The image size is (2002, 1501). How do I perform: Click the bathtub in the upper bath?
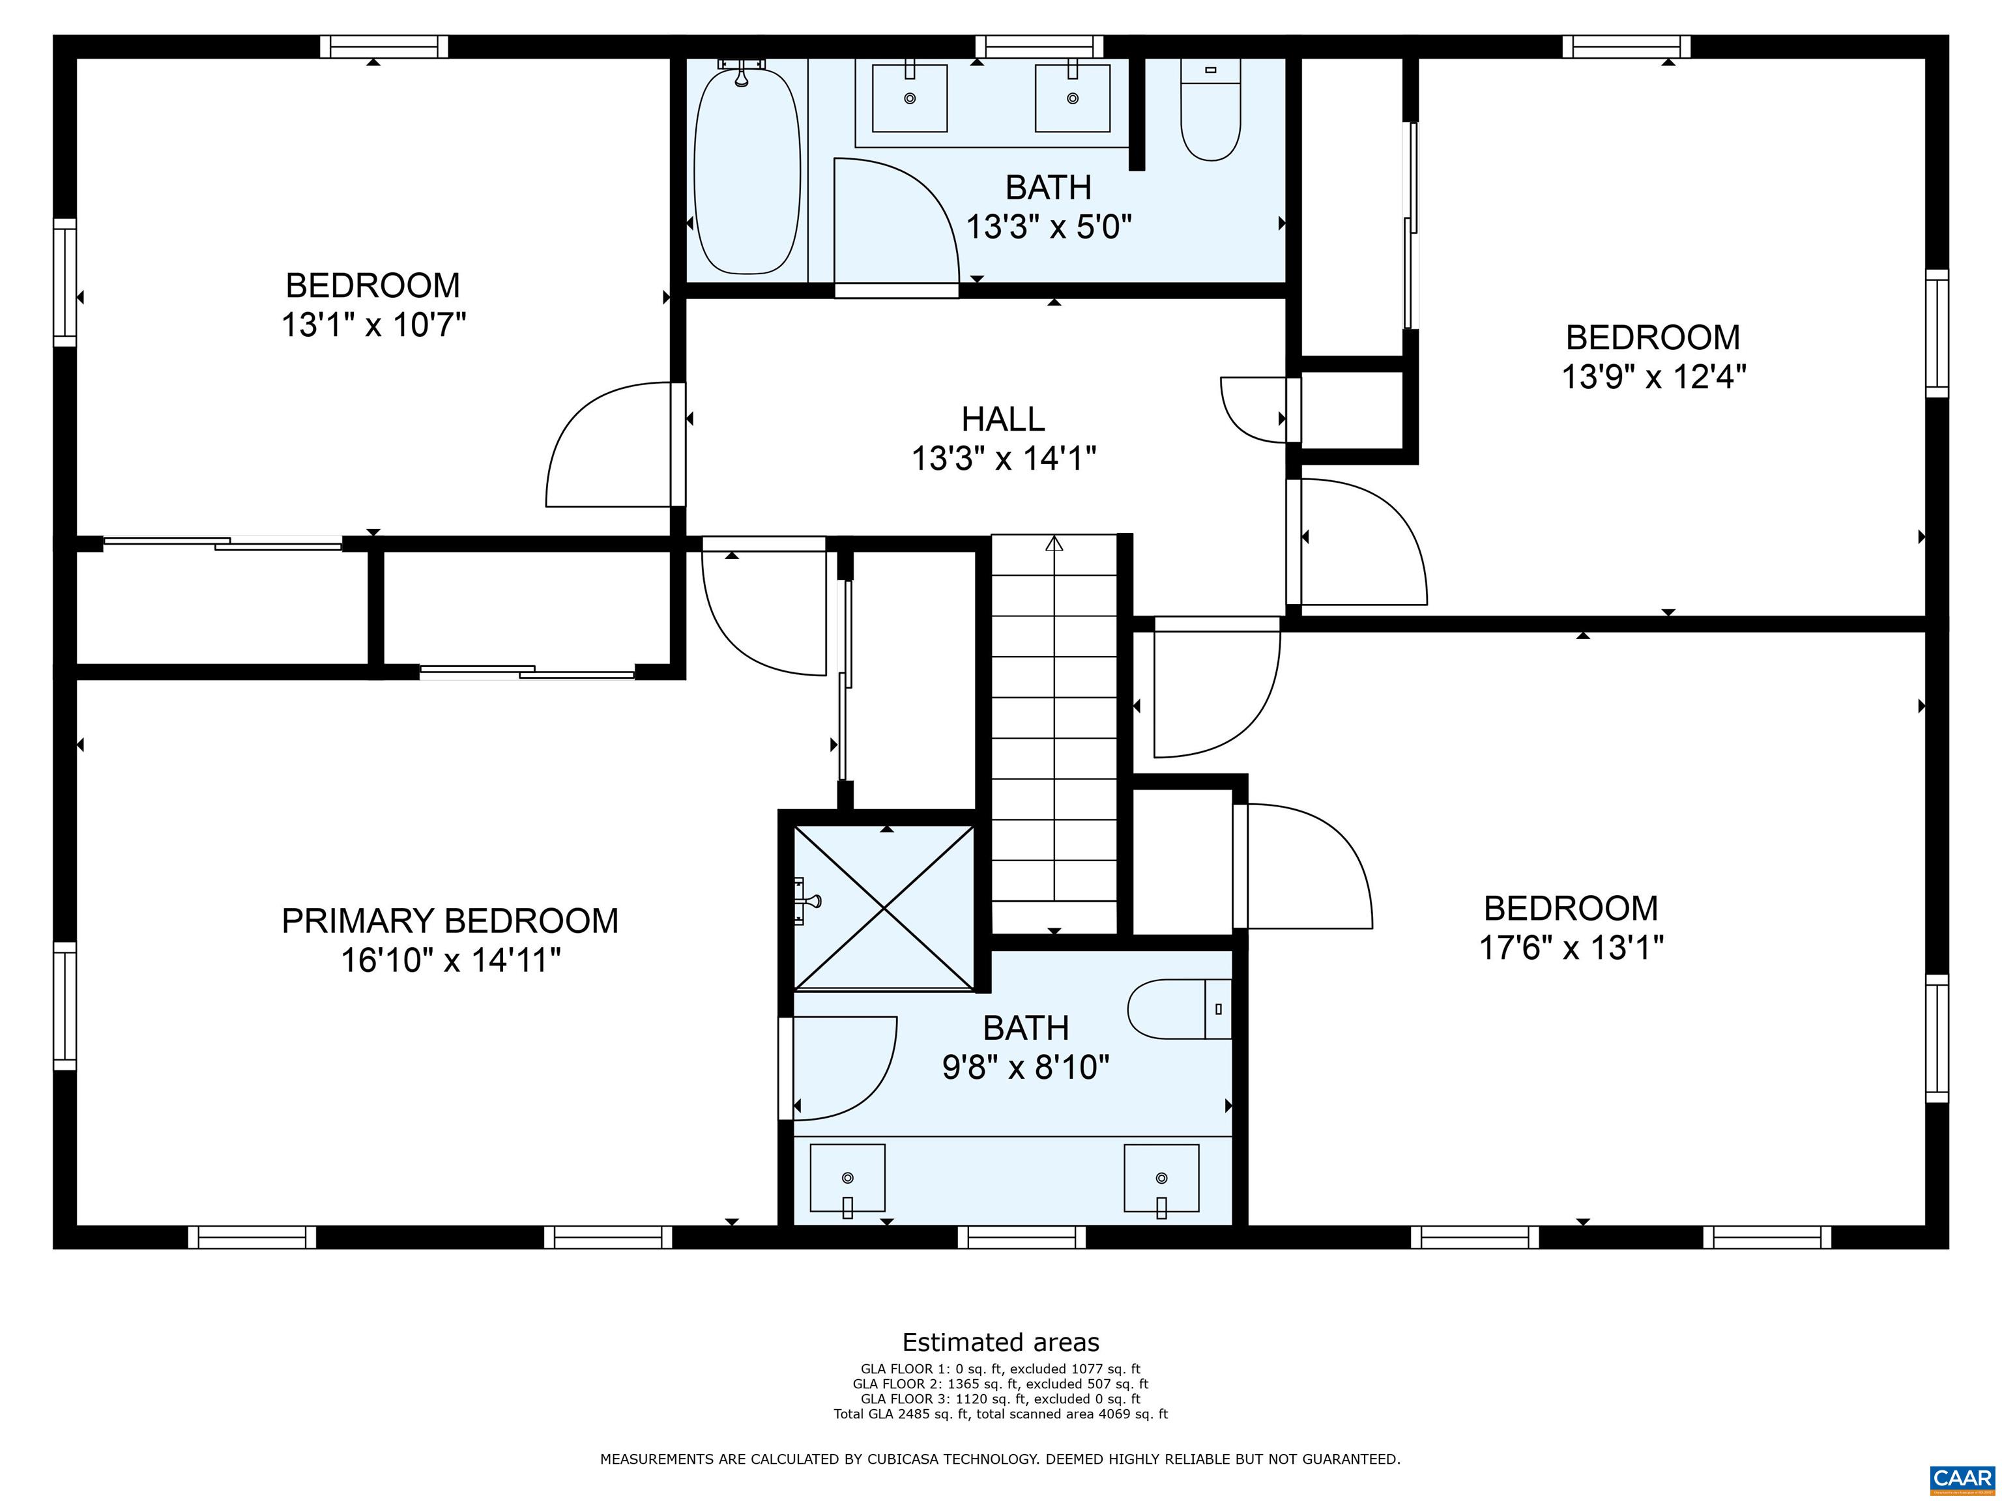(747, 172)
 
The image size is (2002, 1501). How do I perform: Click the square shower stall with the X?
(884, 907)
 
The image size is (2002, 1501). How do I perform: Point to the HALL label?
(1003, 419)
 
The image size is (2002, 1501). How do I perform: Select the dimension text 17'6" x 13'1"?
(1571, 947)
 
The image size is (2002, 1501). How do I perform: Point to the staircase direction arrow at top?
(1054, 544)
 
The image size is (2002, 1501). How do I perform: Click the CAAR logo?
(1962, 1478)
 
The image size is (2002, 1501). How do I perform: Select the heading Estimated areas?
(1000, 1342)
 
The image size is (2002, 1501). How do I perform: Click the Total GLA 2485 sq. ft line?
(1000, 1413)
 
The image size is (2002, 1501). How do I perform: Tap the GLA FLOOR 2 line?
(1000, 1383)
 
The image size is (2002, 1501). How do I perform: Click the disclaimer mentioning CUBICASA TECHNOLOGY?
(1000, 1459)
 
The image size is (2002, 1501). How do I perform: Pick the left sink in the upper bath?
(910, 98)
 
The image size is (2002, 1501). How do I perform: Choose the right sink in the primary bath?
(1161, 1177)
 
